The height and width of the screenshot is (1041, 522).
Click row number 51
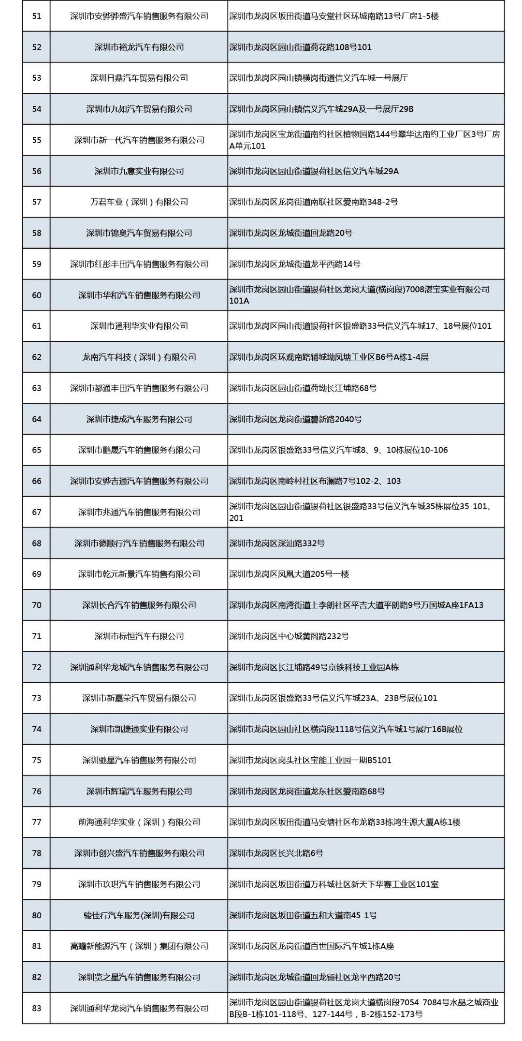pos(37,16)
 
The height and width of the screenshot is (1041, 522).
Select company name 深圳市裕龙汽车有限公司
pos(139,47)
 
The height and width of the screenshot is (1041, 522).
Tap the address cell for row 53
pos(319,78)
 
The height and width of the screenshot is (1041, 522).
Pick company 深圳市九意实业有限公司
pos(139,171)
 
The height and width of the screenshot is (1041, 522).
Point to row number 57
pos(37,202)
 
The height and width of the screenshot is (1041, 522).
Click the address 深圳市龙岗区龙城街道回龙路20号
pos(291,233)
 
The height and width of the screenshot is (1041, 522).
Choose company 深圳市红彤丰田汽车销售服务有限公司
pos(139,264)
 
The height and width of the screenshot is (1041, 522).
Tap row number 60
pos(37,295)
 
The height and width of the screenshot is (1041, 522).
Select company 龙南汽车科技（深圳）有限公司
pos(139,357)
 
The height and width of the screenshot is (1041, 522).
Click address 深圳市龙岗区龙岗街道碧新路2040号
pos(295,419)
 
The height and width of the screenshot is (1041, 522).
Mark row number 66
pos(37,481)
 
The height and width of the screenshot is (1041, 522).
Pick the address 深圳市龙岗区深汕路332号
pos(277,543)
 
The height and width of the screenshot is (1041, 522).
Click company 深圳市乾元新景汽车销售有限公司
pos(139,574)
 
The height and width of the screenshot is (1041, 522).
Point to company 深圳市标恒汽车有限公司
pos(139,636)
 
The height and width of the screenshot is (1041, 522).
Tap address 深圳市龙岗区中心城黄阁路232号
pos(289,636)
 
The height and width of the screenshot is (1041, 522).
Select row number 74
pos(37,729)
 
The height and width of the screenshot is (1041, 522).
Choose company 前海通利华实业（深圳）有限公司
pos(139,822)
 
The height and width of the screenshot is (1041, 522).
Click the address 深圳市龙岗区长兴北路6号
pos(276,853)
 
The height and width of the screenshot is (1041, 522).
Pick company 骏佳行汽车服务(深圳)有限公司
pos(139,915)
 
